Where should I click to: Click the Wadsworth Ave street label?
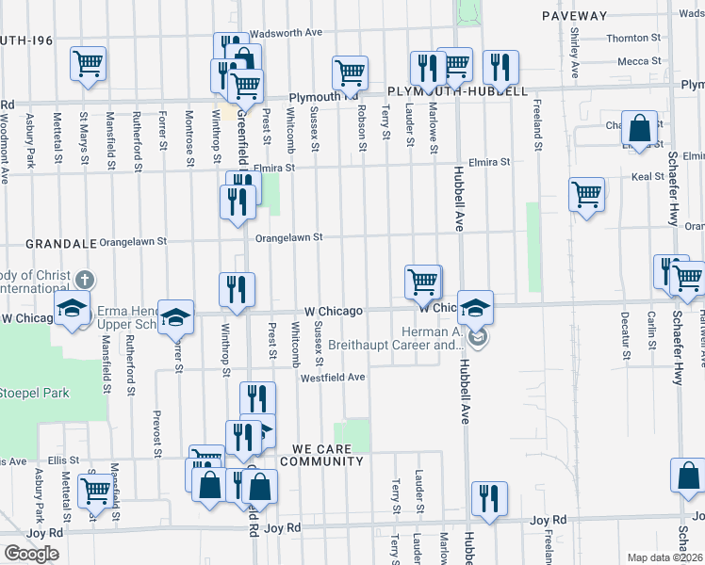point(287,32)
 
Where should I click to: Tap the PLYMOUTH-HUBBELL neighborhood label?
point(457,91)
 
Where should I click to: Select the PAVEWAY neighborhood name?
point(575,16)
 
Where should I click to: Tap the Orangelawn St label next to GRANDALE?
point(132,241)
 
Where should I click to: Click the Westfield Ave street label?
point(333,378)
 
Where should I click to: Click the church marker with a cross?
point(85,281)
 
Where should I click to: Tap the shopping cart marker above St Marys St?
point(88,64)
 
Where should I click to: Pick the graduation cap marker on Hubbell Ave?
point(476,306)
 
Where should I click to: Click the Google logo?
point(31,554)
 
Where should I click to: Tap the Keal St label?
point(648,176)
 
